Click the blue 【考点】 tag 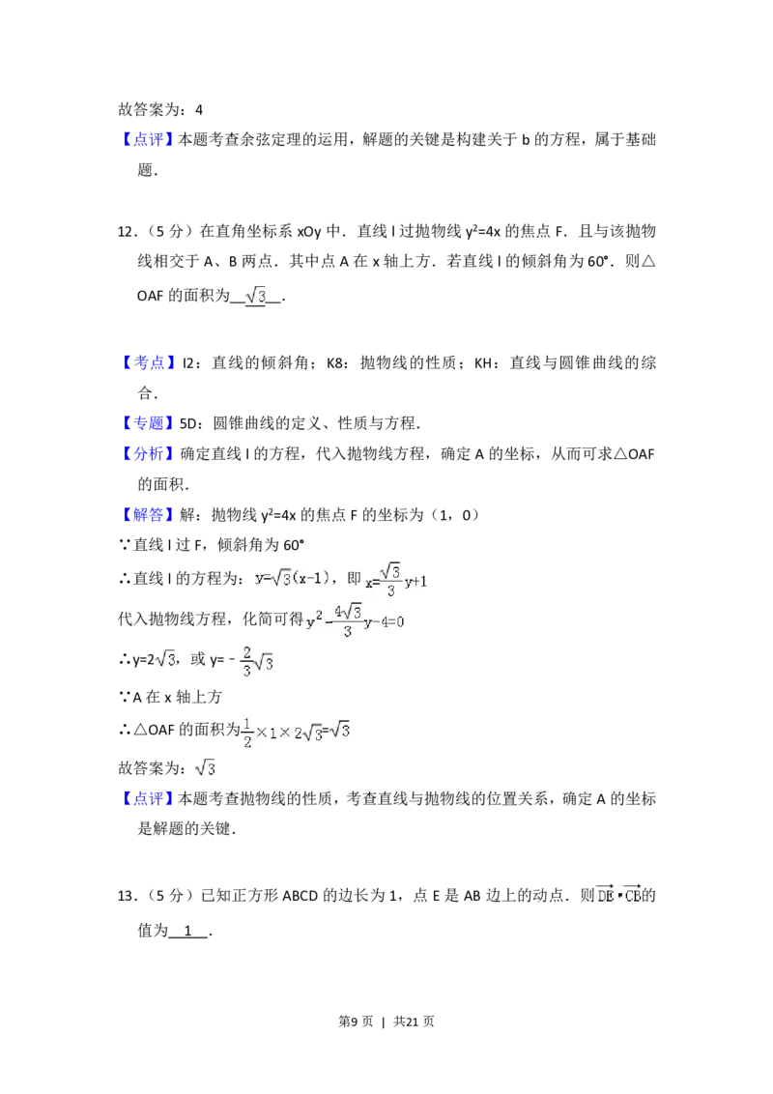pos(150,362)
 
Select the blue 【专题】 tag pos(150,423)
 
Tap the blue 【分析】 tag pos(150,452)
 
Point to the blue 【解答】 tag pos(150,515)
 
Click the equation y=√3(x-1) pos(290,577)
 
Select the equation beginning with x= pos(394,580)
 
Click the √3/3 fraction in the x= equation pos(390,579)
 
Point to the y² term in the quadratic pos(313,621)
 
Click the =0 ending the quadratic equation pos(397,621)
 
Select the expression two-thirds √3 pos(258,661)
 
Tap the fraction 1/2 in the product pos(245,732)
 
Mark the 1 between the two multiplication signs pos(274,733)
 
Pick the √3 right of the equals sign pos(341,731)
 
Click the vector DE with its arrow pos(604,895)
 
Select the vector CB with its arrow pos(631,895)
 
